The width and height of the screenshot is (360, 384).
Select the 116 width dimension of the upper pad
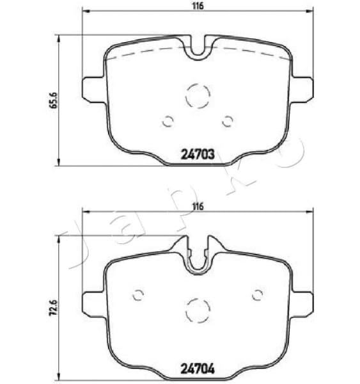tap(198, 6)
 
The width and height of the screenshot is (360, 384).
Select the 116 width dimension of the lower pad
tap(198, 206)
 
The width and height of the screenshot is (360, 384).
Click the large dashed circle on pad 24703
tap(198, 97)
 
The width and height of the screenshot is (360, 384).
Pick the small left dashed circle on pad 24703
tap(168, 120)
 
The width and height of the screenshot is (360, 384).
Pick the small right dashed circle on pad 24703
tap(227, 120)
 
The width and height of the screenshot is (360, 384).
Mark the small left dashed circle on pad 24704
tap(137, 295)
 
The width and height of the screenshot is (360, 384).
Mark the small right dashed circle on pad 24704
tap(258, 295)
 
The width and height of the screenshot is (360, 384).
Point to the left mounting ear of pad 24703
tap(93, 88)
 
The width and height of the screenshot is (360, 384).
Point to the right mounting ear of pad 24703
tap(303, 88)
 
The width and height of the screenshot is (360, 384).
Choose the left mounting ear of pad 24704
tap(93, 304)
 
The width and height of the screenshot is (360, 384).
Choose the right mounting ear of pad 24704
tap(303, 304)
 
